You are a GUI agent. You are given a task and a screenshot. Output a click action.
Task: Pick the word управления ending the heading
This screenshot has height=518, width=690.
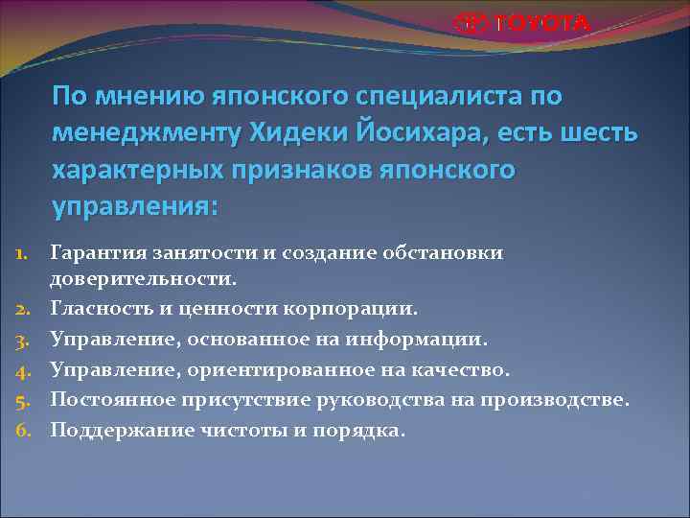point(135,206)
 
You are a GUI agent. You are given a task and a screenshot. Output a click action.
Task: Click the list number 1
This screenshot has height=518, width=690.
point(26,252)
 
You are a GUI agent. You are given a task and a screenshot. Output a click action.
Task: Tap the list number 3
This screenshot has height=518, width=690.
point(26,339)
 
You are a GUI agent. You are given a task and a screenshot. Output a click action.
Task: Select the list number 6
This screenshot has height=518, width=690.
point(26,431)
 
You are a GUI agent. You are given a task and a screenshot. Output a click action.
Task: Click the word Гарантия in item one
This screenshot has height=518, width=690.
point(99,252)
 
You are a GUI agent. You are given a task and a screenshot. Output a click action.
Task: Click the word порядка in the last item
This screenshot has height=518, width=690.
point(362,431)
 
